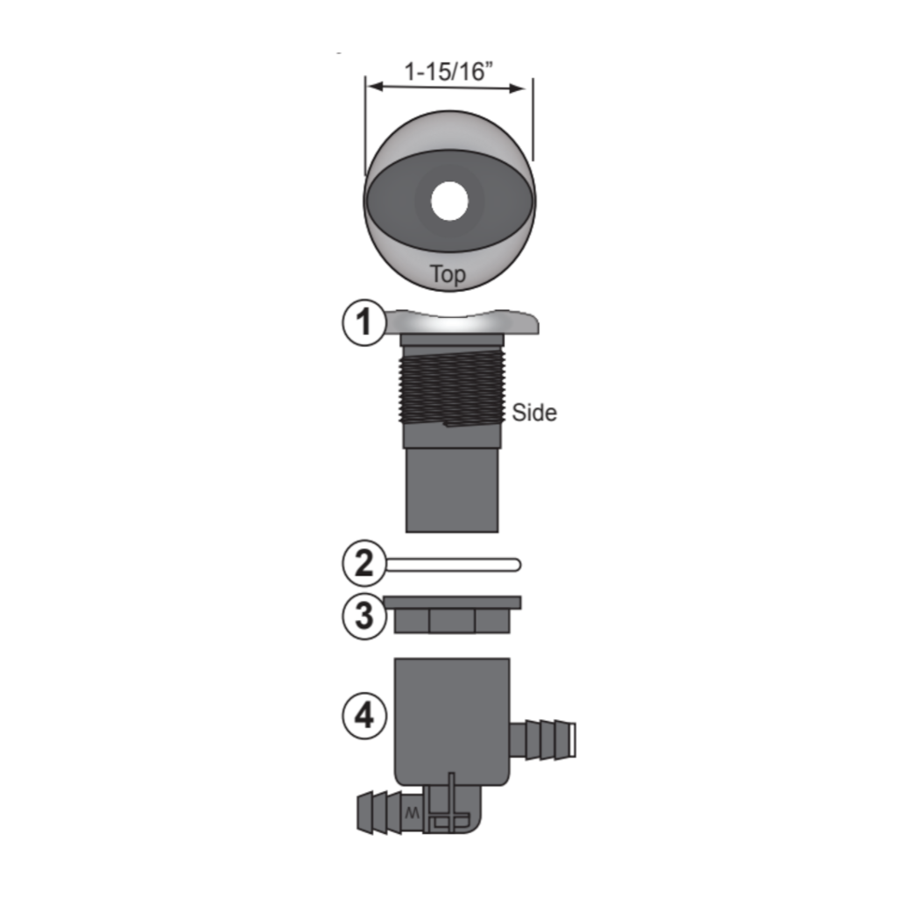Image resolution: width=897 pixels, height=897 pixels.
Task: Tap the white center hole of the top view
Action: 449,201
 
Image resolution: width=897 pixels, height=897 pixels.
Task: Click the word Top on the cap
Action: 448,274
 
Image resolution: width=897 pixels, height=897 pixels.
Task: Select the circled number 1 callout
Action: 363,324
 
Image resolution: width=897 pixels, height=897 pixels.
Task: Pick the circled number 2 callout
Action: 363,564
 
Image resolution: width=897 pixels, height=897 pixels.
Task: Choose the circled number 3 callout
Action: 363,616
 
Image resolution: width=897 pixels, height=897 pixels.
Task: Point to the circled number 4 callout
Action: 363,717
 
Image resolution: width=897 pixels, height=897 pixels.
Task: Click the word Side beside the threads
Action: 534,413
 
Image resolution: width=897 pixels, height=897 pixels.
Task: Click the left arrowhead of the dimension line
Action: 371,87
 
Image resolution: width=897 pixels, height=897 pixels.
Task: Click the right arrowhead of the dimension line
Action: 526,87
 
